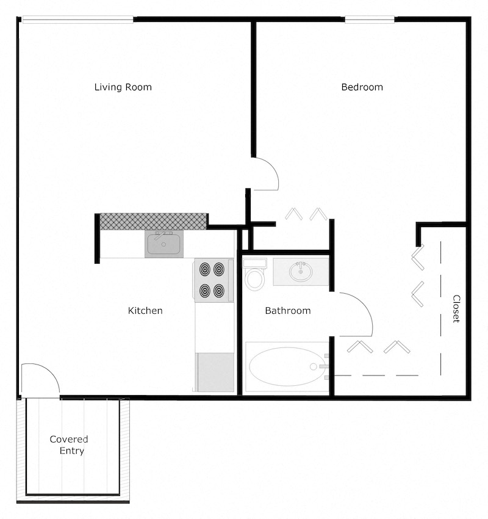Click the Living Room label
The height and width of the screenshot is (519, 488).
[x=123, y=87]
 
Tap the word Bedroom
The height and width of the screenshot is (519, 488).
[x=362, y=87]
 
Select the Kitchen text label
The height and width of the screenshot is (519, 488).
[x=145, y=311]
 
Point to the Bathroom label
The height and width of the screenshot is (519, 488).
[x=287, y=311]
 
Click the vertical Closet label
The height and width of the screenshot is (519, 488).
[x=456, y=309]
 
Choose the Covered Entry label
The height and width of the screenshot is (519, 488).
[x=68, y=445]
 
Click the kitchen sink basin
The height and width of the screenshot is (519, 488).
[x=163, y=245]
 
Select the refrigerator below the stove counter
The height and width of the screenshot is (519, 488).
[x=215, y=372]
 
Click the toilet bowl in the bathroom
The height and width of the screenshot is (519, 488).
[x=254, y=279]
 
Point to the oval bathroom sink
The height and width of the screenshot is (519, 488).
[x=300, y=271]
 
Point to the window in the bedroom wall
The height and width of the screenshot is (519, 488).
[x=370, y=19]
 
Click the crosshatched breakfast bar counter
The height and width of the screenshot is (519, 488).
[x=153, y=221]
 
